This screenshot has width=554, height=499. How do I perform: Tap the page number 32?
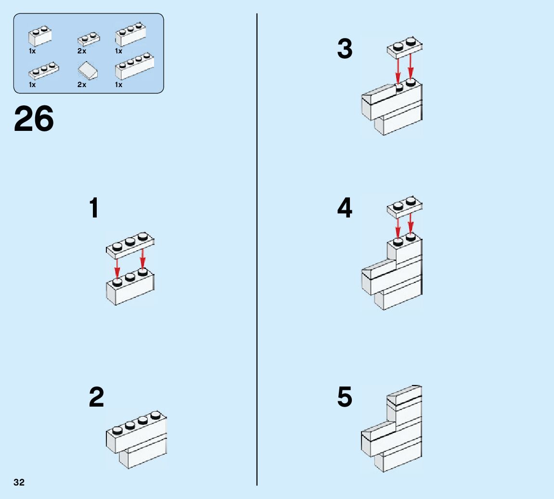(x=19, y=482)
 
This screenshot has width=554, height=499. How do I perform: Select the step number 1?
(x=94, y=208)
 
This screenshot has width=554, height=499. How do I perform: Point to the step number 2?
(x=96, y=397)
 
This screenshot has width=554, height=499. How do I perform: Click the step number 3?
(x=345, y=49)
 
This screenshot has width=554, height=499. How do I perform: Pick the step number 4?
(x=345, y=208)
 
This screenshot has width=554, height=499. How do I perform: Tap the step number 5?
(x=345, y=397)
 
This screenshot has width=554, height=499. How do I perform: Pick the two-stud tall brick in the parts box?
(x=40, y=36)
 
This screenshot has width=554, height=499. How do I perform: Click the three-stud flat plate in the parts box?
(x=43, y=71)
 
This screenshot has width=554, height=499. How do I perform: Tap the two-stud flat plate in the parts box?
(x=89, y=38)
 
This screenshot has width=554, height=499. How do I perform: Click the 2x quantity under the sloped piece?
(x=81, y=85)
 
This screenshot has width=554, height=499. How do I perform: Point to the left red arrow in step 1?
(x=117, y=268)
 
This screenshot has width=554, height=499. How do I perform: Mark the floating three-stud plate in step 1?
(x=130, y=244)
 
